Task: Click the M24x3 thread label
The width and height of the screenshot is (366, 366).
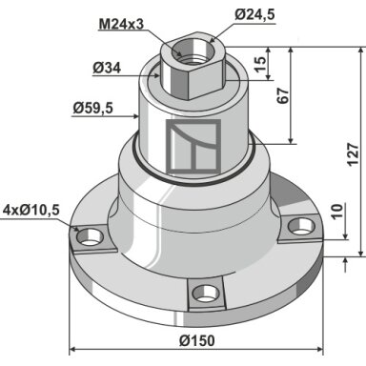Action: click(x=121, y=24)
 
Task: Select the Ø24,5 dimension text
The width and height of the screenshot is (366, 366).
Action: click(x=254, y=15)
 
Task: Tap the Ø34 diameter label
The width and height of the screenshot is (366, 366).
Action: click(x=107, y=68)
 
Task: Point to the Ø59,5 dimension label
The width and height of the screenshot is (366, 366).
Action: click(x=92, y=109)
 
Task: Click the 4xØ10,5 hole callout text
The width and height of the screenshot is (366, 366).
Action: click(x=30, y=210)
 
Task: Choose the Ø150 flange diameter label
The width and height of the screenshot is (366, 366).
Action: click(x=197, y=341)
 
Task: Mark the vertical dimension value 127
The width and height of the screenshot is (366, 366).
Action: click(x=353, y=154)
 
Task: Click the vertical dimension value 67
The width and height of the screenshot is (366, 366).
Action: click(x=283, y=95)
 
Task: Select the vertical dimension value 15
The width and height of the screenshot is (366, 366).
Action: click(x=260, y=65)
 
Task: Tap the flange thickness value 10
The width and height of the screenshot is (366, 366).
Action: click(x=338, y=211)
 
